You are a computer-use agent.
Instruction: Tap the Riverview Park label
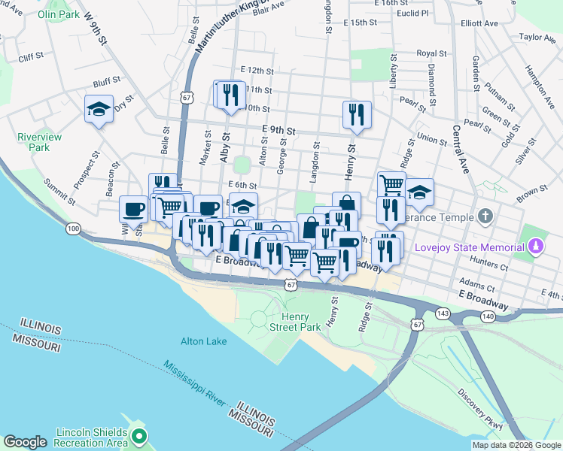coord(33,143)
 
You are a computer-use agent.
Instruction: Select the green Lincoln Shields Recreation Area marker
coord(138,434)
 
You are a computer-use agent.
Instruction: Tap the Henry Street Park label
coord(296,322)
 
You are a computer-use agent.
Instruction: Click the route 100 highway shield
coord(73,228)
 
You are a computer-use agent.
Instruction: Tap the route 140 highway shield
coord(489,317)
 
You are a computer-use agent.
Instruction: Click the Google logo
coord(25,442)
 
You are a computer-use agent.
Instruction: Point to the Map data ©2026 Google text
coord(516,445)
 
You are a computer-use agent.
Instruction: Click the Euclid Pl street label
coord(413,14)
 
